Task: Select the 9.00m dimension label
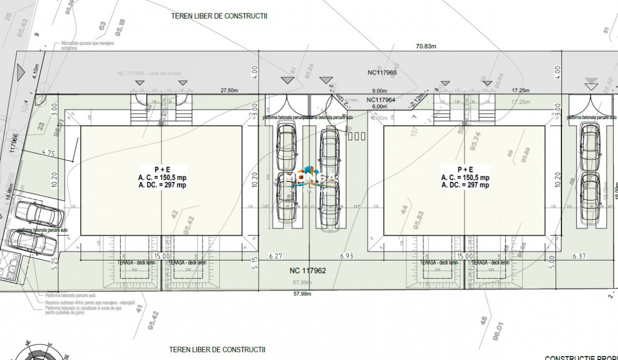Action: (x=379, y=91)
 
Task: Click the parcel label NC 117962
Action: (x=307, y=271)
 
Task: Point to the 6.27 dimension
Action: (x=275, y=256)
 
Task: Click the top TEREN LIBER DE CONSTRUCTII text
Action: (x=219, y=16)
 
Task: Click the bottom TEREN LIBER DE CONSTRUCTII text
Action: (x=217, y=349)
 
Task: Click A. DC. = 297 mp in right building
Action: (x=465, y=185)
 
